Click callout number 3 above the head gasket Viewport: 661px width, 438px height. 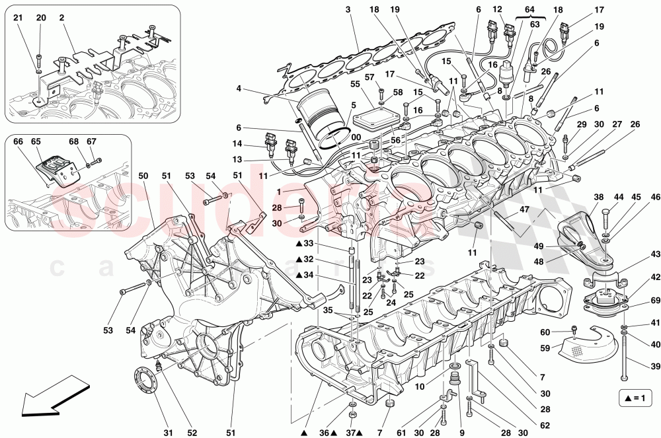[347, 9]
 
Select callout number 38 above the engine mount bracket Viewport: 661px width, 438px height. [598, 197]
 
